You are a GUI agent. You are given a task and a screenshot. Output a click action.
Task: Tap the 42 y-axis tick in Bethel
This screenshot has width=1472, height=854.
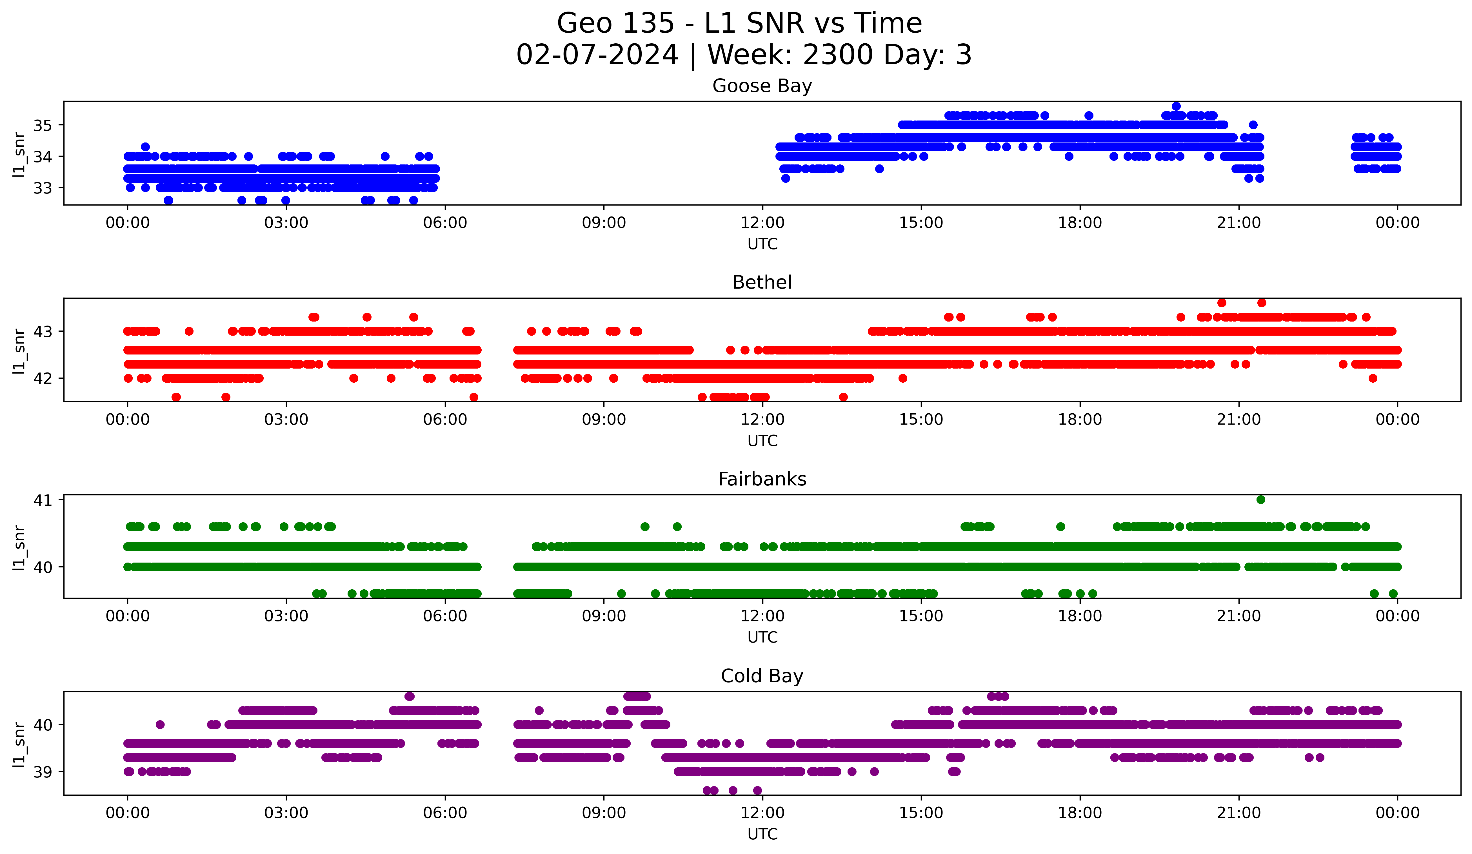tap(42, 378)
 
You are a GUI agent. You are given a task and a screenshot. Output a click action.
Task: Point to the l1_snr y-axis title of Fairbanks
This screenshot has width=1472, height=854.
tap(19, 547)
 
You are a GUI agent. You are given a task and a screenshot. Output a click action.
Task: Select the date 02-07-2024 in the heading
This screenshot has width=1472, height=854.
tap(597, 55)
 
